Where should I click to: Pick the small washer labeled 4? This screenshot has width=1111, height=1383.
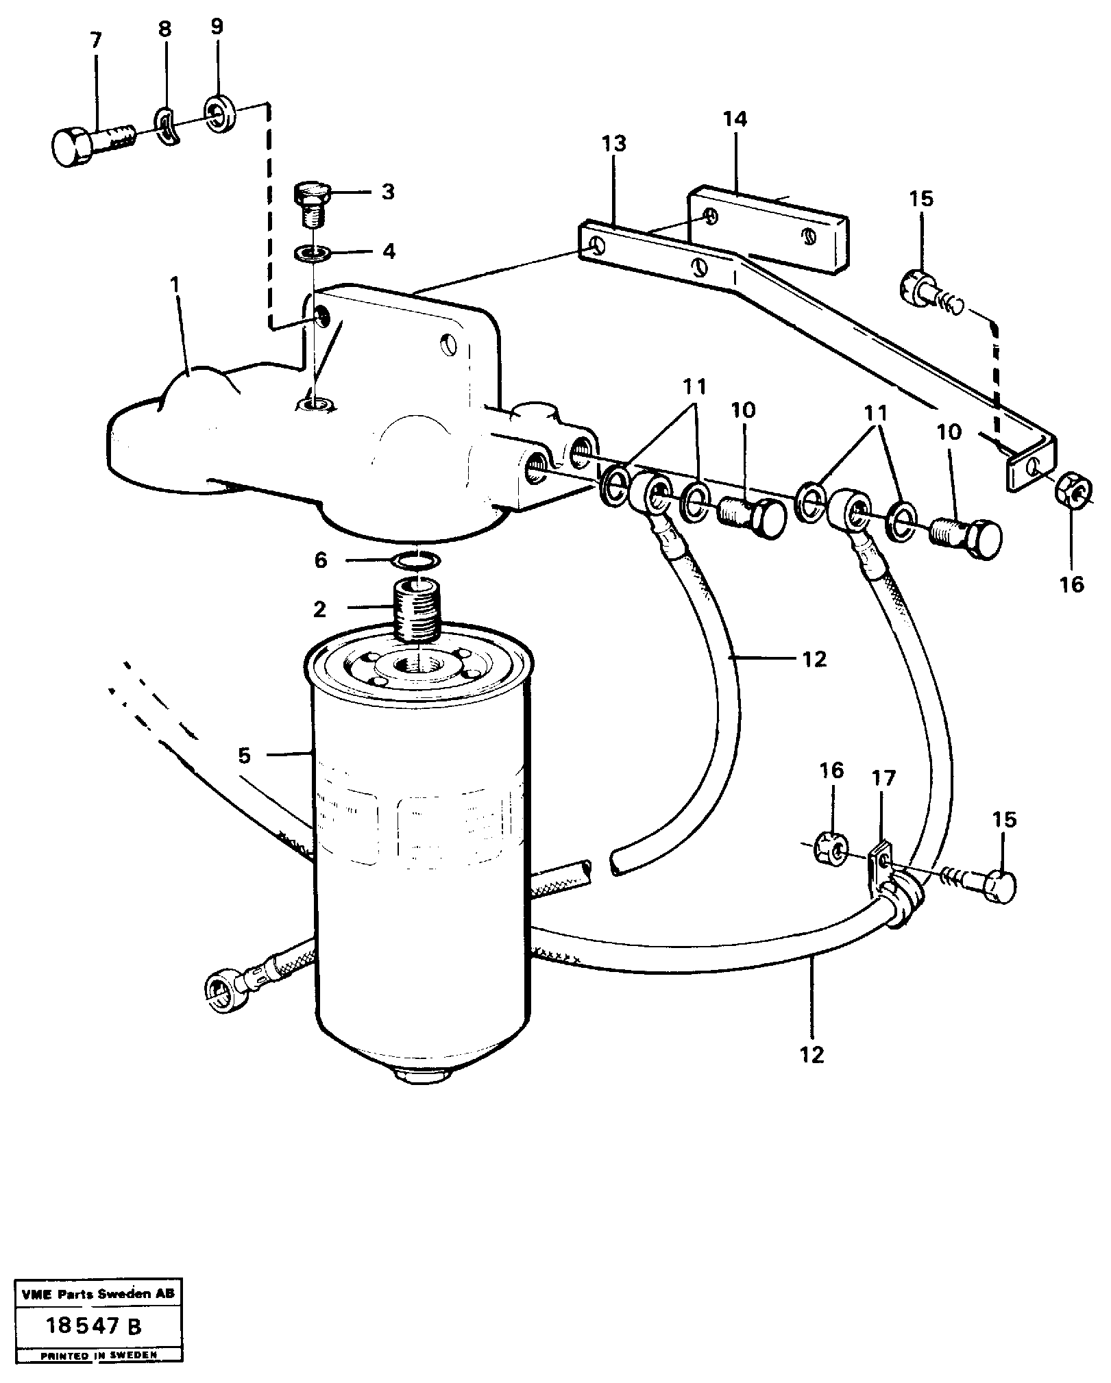click(313, 253)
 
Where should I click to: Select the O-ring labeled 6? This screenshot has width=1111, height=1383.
click(416, 561)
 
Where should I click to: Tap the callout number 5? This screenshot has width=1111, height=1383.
click(244, 756)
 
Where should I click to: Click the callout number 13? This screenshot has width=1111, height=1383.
click(615, 145)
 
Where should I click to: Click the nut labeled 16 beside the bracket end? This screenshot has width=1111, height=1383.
click(1073, 488)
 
